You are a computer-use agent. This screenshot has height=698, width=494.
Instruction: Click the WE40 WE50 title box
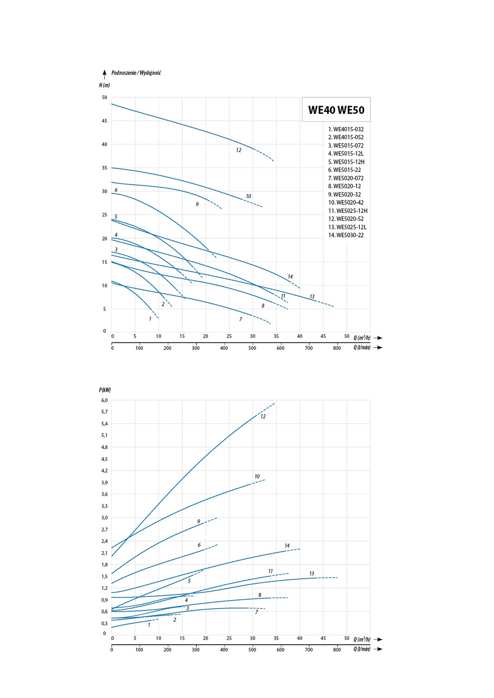coord(336,110)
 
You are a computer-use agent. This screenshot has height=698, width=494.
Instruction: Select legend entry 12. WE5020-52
coord(346,219)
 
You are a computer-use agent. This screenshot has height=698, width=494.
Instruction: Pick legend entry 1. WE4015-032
coord(346,129)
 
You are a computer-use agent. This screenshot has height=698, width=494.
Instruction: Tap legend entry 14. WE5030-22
coord(346,235)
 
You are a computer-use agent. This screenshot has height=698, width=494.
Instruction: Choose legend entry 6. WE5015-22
coord(345,170)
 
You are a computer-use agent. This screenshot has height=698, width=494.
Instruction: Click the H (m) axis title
coord(104,85)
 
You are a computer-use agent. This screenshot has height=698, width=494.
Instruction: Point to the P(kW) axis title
coord(105,390)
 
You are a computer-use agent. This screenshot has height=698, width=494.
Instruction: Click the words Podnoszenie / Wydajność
coord(136,73)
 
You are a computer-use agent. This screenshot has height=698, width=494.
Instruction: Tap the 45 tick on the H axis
coord(104,121)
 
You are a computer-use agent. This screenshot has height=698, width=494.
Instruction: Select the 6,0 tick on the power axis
coord(104,400)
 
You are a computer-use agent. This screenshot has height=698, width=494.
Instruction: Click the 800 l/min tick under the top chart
coord(337,348)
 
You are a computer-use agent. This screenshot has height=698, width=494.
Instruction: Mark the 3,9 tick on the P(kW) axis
coord(104,482)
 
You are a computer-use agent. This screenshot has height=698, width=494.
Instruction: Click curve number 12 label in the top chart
coord(238,150)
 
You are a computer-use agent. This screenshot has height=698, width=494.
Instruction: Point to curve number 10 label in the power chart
coord(257,476)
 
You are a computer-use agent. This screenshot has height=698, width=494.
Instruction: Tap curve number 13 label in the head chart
coord(312,297)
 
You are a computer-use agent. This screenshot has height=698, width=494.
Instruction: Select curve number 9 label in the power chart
coord(199,521)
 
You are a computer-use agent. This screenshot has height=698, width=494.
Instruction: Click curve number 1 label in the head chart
coord(150,319)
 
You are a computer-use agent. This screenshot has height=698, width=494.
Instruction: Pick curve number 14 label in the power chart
coord(287,546)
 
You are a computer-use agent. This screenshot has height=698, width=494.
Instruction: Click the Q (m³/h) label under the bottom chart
coord(362,639)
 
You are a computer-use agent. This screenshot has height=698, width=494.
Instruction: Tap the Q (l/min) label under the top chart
coord(362,348)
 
